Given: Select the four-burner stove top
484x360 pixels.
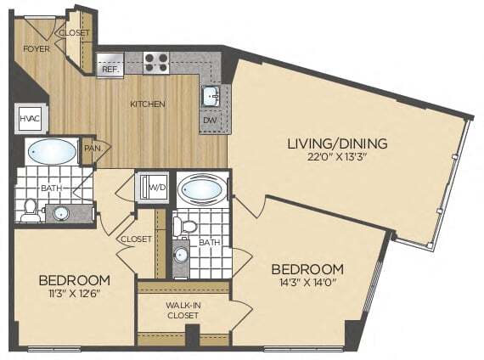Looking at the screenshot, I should pos(155,61).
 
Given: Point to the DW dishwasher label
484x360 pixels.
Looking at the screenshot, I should pos(210,121).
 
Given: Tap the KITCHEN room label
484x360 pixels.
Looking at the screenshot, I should pos(147,104).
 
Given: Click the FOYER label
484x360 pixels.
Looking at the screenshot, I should pos(37,48).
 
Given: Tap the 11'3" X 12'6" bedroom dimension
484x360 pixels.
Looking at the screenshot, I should pos(74,294).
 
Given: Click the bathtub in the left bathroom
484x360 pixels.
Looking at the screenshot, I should pos(51,152).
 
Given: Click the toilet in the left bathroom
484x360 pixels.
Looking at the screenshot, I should pos(31,210).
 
